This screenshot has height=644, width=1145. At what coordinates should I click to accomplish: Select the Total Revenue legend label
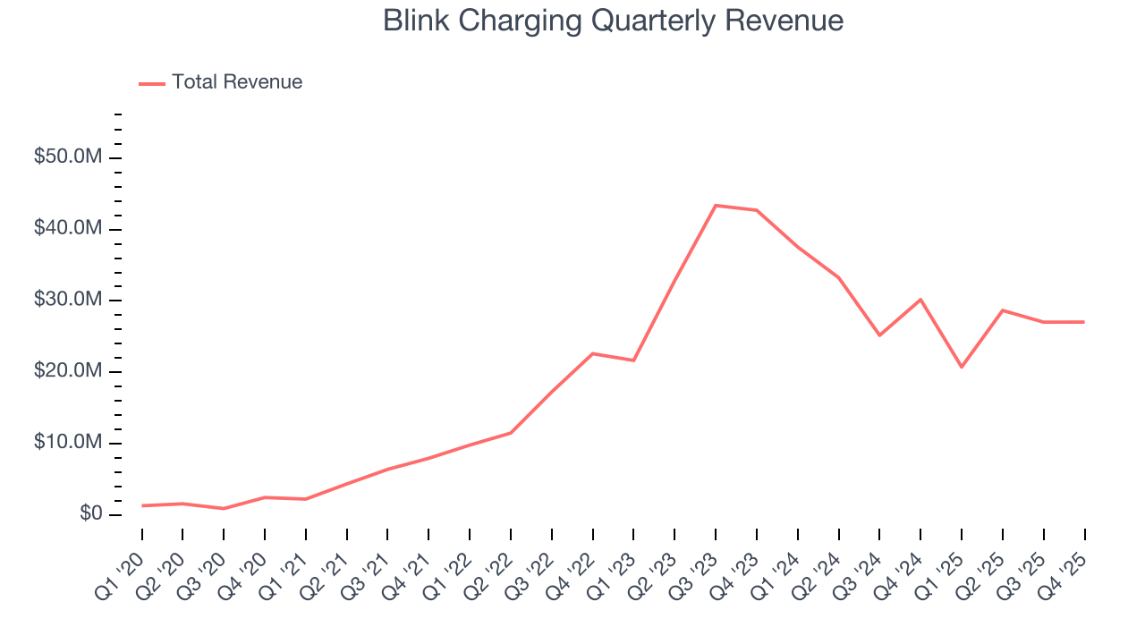(x=237, y=82)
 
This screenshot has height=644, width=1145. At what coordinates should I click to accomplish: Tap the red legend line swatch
(x=152, y=83)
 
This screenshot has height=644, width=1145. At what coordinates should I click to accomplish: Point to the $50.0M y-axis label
(x=68, y=157)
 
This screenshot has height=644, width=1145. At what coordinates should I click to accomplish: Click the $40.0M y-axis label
(x=68, y=229)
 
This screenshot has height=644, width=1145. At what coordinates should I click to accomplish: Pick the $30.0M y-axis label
(x=68, y=300)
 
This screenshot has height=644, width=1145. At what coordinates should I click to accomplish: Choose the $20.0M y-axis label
(x=68, y=371)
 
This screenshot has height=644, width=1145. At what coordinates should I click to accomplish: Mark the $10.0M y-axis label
(x=68, y=443)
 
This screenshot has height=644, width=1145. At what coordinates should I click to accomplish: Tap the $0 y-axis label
(x=89, y=514)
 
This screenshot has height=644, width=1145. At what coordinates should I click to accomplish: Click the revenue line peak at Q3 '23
(x=716, y=206)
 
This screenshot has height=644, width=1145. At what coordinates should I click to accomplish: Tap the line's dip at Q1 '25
(x=962, y=367)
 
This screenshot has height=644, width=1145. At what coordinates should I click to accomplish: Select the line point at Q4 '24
(x=920, y=300)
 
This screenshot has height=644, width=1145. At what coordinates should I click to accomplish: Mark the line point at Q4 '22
(x=593, y=353)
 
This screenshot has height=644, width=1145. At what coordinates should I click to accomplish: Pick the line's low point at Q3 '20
(x=224, y=508)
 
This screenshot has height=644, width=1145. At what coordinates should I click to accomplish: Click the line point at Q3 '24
(x=879, y=335)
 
